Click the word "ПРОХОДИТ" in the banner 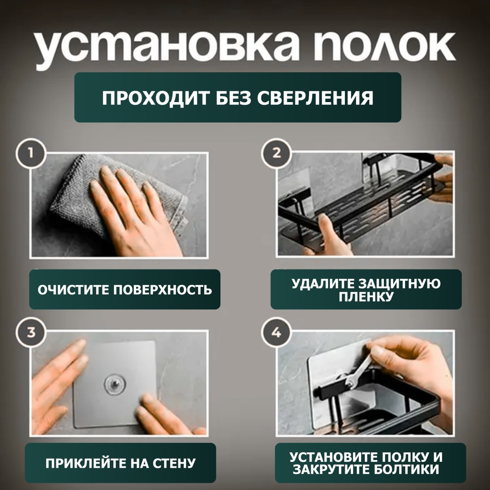tap(155, 98)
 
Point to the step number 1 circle tap(31, 154)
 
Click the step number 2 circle tap(276, 154)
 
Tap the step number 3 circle tap(31, 332)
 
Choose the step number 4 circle tap(276, 332)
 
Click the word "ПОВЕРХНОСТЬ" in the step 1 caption tap(162, 289)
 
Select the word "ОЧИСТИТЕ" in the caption tap(73, 289)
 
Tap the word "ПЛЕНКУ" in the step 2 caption tap(366, 297)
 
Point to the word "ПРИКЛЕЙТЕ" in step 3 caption tap(86, 463)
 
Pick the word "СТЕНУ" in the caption tap(174, 463)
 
